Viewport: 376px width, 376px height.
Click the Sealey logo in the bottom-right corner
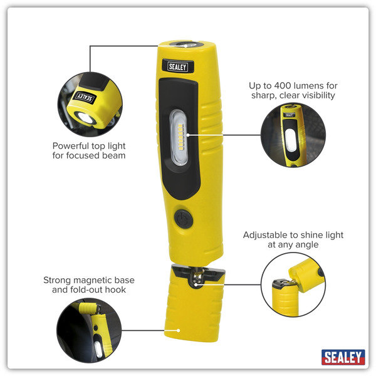pos(343,357)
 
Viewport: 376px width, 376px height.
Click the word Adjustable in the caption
pos(266,235)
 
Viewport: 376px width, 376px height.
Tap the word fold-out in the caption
pos(91,290)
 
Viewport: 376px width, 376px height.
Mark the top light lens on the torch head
pos(185,45)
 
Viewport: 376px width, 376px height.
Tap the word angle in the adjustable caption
pos(306,245)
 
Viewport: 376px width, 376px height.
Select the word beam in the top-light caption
pos(113,155)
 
